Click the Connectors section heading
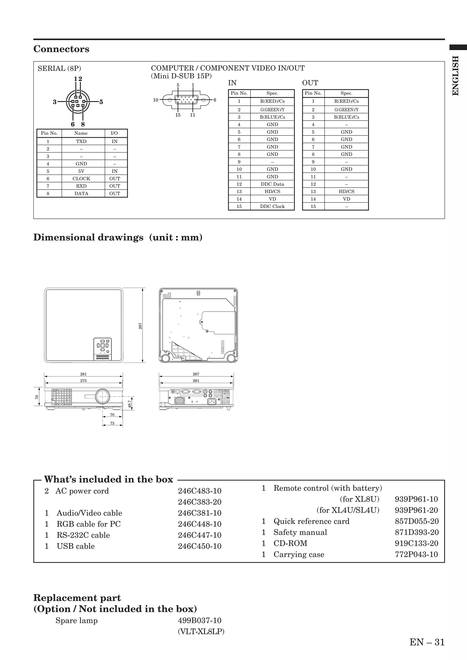point(61,49)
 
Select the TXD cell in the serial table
point(81,141)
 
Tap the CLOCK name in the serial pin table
point(81,179)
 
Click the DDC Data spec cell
point(272,184)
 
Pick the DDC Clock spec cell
point(272,206)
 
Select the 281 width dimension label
point(83,374)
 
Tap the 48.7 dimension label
point(130,404)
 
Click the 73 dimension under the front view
point(112,423)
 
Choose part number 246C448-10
point(199,524)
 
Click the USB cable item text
point(76,546)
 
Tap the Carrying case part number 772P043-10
point(416,555)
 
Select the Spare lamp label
point(77,620)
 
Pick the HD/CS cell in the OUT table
point(346,192)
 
